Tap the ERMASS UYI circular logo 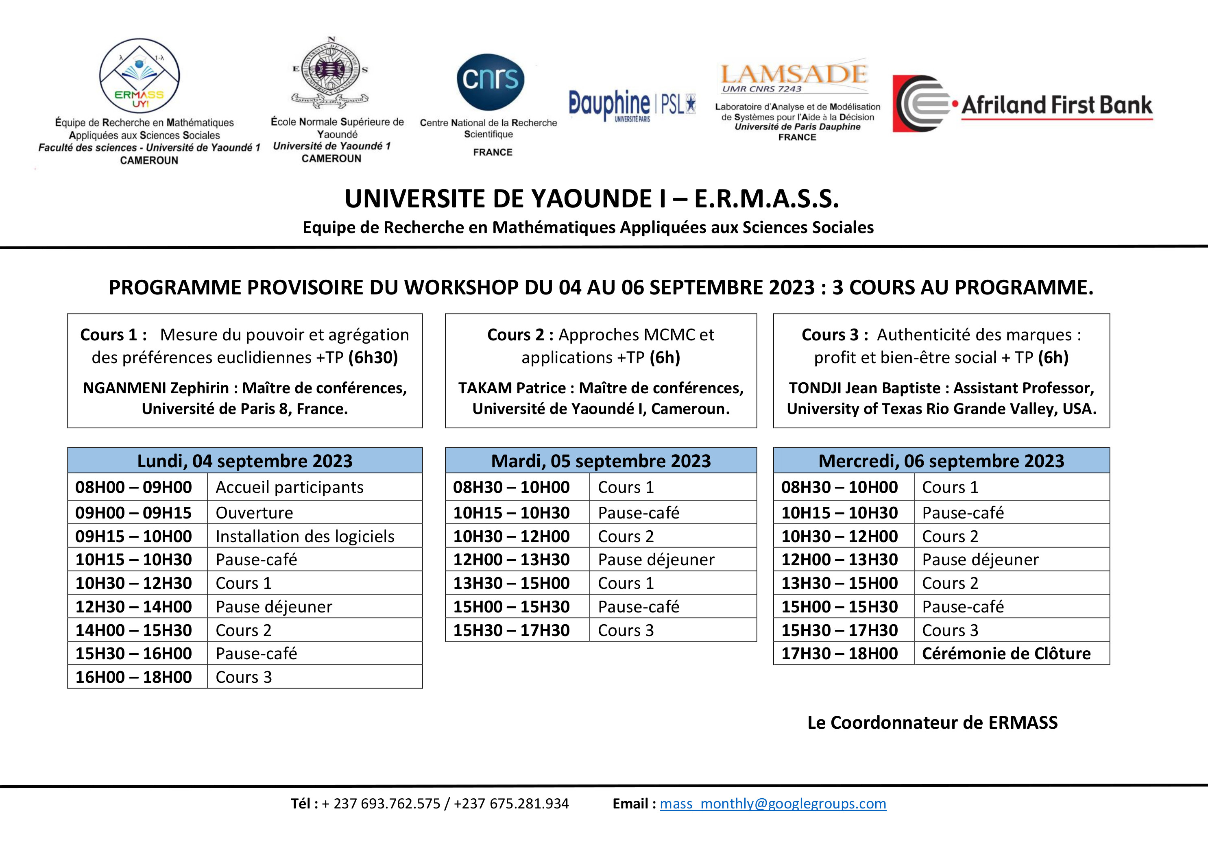(x=140, y=75)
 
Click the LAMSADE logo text (x=794, y=74)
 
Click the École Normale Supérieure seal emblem (x=330, y=71)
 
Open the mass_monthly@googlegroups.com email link (x=773, y=804)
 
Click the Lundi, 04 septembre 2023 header (x=245, y=460)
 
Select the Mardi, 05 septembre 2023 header (x=601, y=460)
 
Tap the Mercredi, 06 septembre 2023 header (x=941, y=460)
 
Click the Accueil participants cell (x=289, y=487)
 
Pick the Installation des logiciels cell (x=305, y=536)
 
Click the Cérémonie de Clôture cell (x=1006, y=654)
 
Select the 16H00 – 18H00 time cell (x=134, y=677)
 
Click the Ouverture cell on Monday (x=255, y=512)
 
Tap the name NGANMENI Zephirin (x=156, y=388)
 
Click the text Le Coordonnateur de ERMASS (x=932, y=723)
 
